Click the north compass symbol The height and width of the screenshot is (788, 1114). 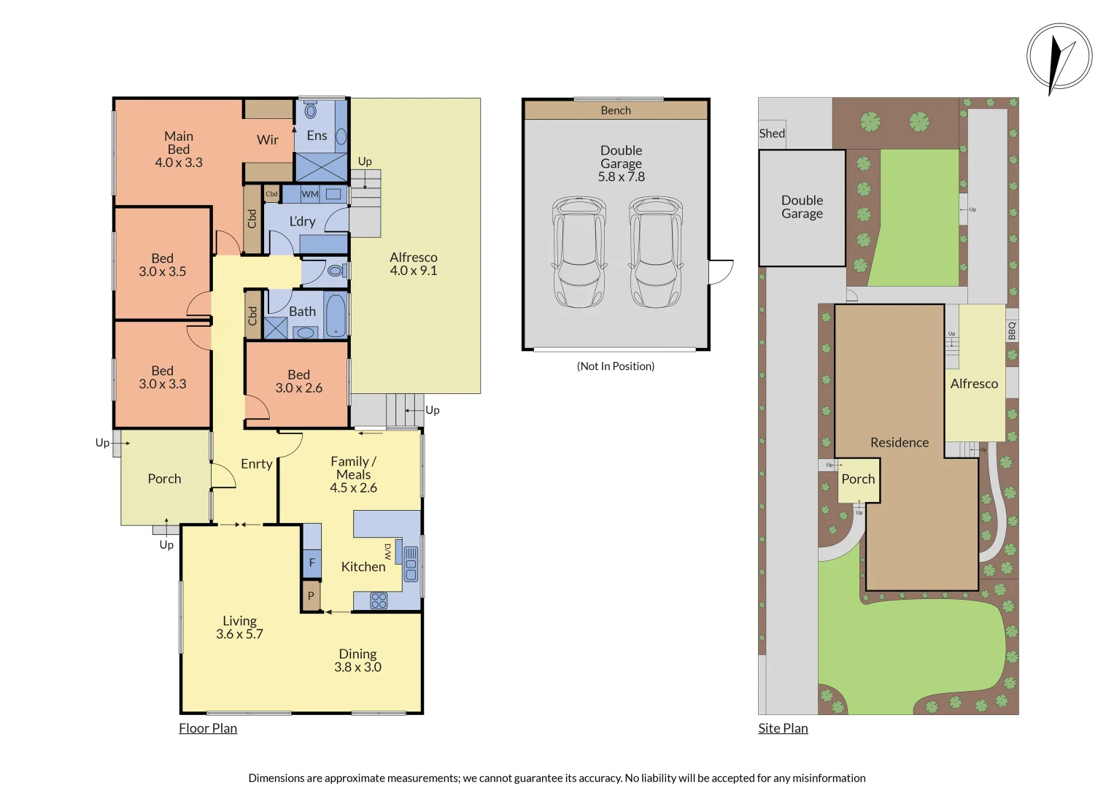pyautogui.click(x=1059, y=57)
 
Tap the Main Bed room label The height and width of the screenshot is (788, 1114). pyautogui.click(x=179, y=150)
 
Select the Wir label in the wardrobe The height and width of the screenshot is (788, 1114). pyautogui.click(x=268, y=140)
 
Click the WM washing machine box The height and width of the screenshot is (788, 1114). pyautogui.click(x=310, y=194)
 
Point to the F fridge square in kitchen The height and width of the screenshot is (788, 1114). pyautogui.click(x=312, y=563)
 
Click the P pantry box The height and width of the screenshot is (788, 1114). pyautogui.click(x=311, y=596)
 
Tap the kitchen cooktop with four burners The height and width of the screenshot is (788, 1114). pyautogui.click(x=379, y=600)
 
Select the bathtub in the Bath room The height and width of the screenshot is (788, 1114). pyautogui.click(x=336, y=315)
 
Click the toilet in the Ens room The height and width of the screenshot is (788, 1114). pyautogui.click(x=311, y=111)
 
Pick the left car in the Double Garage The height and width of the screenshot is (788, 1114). pyautogui.click(x=579, y=252)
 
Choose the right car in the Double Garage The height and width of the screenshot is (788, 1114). pyautogui.click(x=656, y=252)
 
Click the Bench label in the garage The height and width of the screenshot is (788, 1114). pyautogui.click(x=616, y=110)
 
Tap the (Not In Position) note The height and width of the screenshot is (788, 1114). pyautogui.click(x=616, y=366)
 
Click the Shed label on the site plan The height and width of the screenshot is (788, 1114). pyautogui.click(x=772, y=134)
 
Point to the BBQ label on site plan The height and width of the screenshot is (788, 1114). pyautogui.click(x=1012, y=331)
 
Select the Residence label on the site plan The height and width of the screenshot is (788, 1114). pyautogui.click(x=900, y=443)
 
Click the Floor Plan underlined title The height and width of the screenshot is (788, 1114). pyautogui.click(x=208, y=728)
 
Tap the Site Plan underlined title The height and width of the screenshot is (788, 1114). pyautogui.click(x=783, y=728)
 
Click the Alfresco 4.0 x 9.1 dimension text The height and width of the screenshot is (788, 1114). pyautogui.click(x=414, y=271)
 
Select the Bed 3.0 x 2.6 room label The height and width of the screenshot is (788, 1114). pyautogui.click(x=298, y=382)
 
